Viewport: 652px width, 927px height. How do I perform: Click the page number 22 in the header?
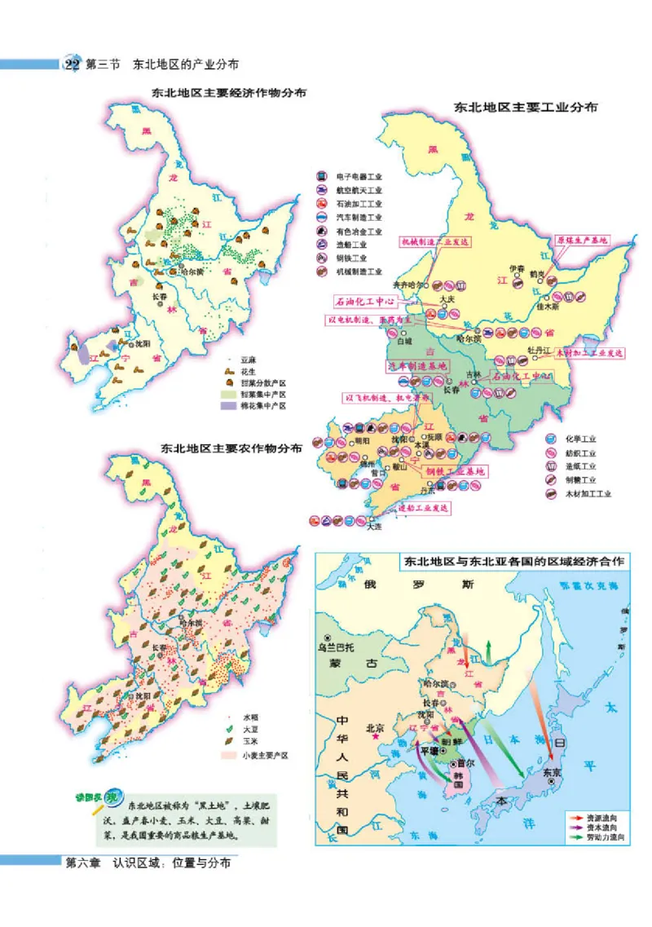click(73, 64)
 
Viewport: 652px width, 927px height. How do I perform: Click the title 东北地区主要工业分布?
click(526, 107)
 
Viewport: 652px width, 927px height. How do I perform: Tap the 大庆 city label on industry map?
click(446, 299)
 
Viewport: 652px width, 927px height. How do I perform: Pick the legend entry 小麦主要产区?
click(263, 755)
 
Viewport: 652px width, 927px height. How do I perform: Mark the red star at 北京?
click(377, 736)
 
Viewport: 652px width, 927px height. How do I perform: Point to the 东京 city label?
click(552, 771)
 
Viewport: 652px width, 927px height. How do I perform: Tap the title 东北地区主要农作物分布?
click(231, 448)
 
